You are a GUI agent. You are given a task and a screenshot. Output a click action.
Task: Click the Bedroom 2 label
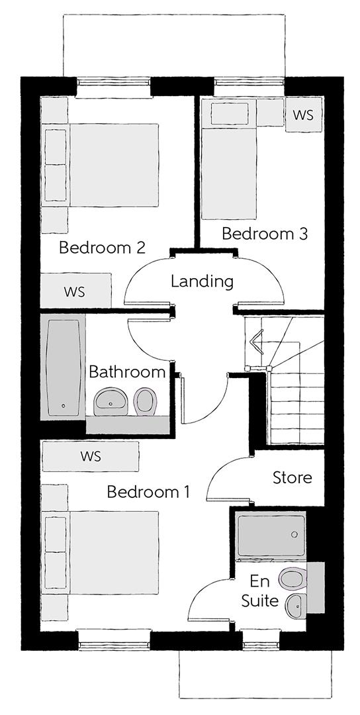102,248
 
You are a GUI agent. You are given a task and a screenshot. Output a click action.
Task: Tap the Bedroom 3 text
265,234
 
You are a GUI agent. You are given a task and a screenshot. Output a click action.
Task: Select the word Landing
202,282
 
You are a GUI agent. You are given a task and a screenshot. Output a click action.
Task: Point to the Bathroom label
126,372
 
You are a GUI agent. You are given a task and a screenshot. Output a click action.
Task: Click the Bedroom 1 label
148,493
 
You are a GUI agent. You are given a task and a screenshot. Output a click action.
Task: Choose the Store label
292,478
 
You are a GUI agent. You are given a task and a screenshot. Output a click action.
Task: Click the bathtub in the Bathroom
63,367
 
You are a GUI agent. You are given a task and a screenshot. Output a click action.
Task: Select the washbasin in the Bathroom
111,401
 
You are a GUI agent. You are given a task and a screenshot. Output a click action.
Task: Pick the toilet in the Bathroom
146,401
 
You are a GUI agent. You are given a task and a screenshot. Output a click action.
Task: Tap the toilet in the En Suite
292,578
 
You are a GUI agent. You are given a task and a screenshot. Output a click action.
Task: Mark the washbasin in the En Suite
296,605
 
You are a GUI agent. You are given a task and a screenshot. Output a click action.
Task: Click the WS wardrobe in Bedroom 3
304,115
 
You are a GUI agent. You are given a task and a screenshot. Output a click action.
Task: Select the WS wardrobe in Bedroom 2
75,291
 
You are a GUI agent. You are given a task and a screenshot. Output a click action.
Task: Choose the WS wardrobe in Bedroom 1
90,456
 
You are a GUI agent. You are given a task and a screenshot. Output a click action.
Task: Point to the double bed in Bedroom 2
101,165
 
